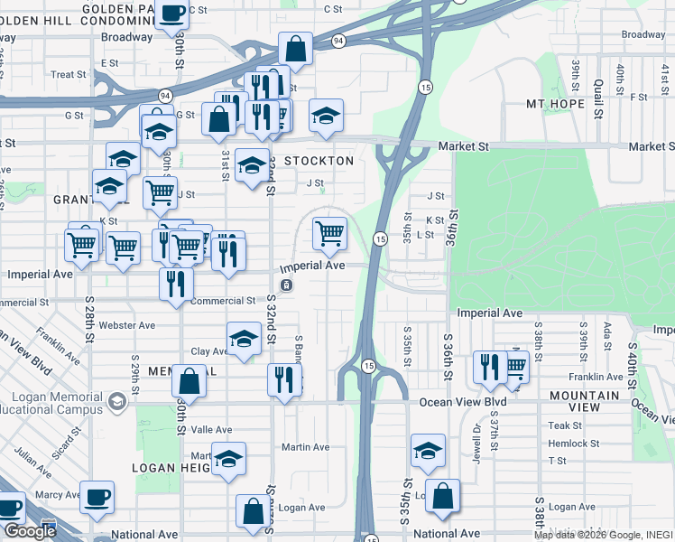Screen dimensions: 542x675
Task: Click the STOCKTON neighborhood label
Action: click(319, 161)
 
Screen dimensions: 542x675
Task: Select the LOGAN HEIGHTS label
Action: click(171, 468)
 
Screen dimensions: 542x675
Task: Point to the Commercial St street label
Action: click(223, 301)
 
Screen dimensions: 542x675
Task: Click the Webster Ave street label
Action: click(128, 325)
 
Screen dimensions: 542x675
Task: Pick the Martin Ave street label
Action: click(305, 447)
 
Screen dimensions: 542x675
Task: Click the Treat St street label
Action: click(68, 75)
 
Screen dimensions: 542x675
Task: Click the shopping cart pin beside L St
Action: click(329, 234)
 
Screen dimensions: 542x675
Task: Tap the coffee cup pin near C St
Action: click(171, 14)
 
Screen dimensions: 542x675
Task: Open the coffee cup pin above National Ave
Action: click(97, 497)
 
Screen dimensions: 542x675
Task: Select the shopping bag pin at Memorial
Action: click(189, 379)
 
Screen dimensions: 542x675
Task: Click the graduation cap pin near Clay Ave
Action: click(243, 339)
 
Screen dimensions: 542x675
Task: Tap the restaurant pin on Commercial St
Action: click(176, 282)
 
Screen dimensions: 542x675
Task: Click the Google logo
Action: click(30, 531)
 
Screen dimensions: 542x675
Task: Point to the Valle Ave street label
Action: click(212, 430)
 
